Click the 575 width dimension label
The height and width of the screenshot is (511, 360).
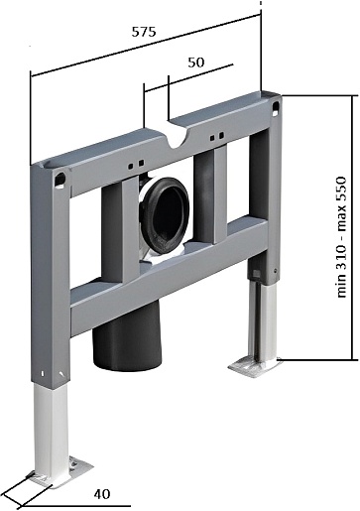coord(144,32)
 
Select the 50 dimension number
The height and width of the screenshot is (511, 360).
coord(196,63)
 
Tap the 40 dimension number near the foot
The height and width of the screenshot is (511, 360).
coord(102,494)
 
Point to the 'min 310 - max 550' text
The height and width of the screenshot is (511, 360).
coord(341,237)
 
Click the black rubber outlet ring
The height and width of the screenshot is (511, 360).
coord(165,215)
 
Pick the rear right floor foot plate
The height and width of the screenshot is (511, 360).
coord(255,366)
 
